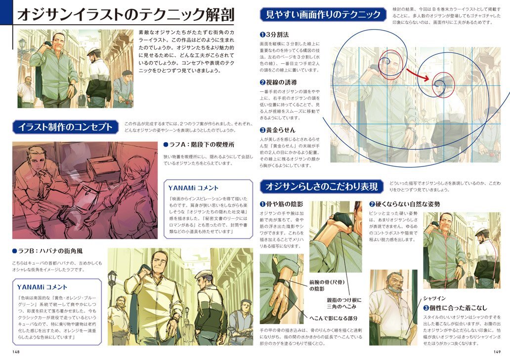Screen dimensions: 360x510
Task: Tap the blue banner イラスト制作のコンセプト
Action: click(66, 127)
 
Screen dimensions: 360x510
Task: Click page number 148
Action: click(16, 352)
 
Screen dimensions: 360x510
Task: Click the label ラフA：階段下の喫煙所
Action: click(198, 145)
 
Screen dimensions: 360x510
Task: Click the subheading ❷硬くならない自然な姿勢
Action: click(404, 204)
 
